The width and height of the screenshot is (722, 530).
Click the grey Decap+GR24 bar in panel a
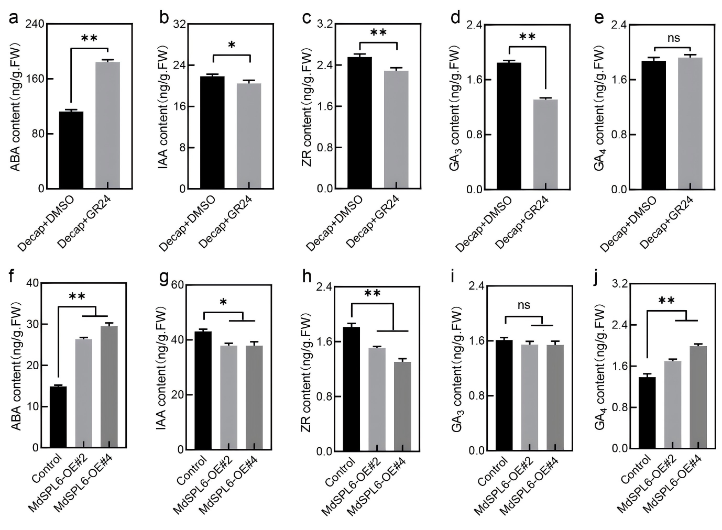[108, 125]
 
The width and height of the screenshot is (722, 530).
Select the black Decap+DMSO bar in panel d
[508, 126]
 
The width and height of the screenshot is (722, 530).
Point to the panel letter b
[164, 18]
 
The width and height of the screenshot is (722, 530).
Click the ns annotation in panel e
[673, 38]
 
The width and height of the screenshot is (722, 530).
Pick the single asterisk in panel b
[232, 46]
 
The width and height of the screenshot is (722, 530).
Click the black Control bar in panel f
[58, 417]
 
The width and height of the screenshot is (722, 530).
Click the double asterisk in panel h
[372, 293]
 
